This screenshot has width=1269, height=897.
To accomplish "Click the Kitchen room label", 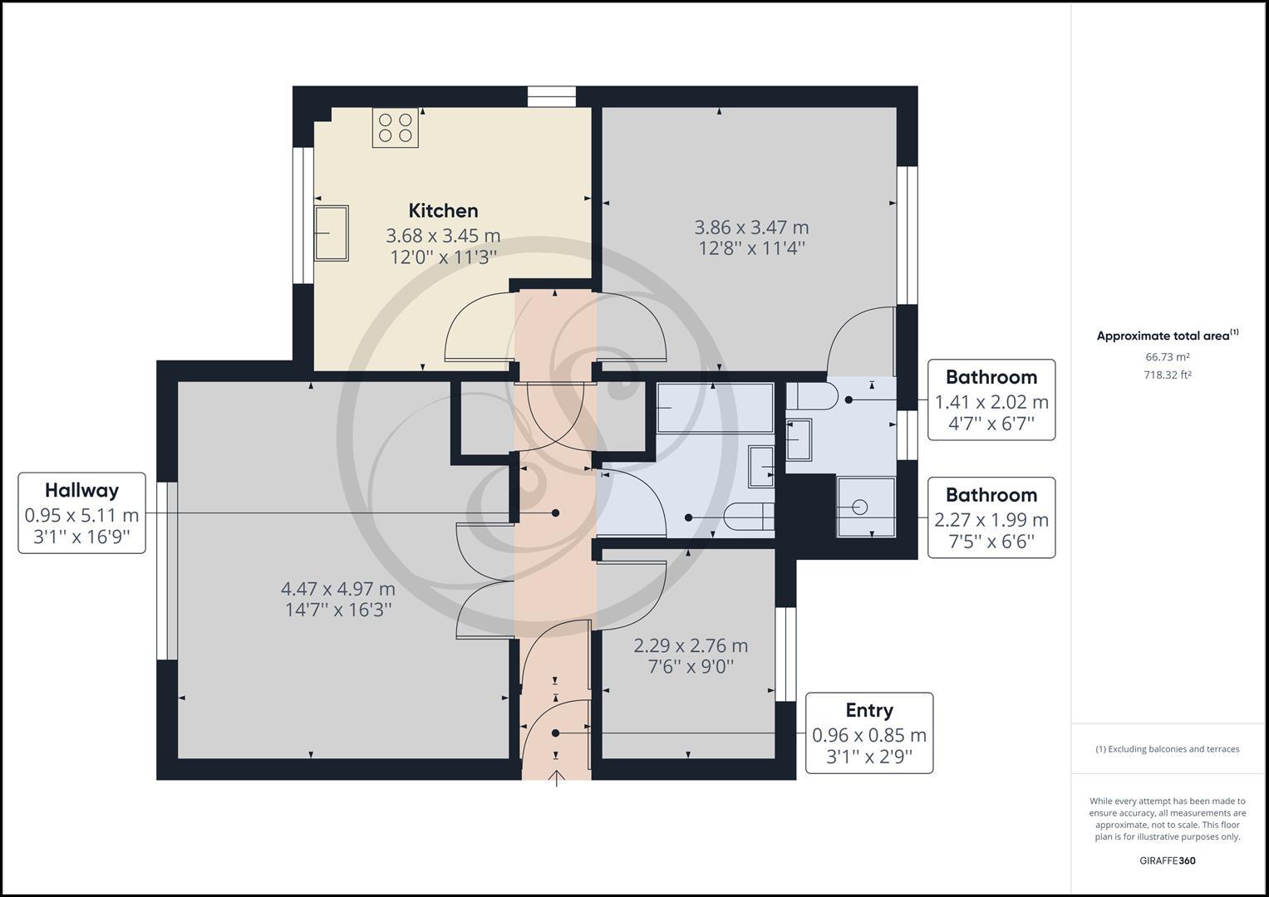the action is (x=443, y=211).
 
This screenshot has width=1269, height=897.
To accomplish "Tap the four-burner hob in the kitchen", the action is (x=396, y=128).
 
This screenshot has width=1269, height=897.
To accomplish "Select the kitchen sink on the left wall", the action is (x=332, y=233).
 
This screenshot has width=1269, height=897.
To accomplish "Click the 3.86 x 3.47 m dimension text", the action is (x=751, y=228).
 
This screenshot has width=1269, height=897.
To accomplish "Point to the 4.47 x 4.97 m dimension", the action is (x=337, y=589).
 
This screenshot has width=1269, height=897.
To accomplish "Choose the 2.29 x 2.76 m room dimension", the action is (x=691, y=645).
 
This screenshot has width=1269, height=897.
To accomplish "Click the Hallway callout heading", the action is (x=82, y=490).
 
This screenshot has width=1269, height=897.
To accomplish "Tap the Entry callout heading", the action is (x=869, y=710).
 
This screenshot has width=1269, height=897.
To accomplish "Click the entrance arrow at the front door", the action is (x=557, y=778).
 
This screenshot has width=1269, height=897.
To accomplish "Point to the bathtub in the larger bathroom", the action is (x=715, y=408).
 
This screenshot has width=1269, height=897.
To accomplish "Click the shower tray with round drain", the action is (x=866, y=507).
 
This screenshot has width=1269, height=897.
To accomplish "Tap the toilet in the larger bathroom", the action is (x=749, y=517).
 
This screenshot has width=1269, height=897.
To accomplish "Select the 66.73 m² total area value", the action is (x=1167, y=357).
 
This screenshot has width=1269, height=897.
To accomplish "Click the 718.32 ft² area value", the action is (x=1167, y=375).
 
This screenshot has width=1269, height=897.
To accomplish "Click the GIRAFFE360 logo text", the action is (x=1167, y=860).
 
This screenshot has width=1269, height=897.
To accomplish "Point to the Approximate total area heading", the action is (x=1167, y=336).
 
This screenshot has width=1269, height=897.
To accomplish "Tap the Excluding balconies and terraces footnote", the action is (x=1167, y=749).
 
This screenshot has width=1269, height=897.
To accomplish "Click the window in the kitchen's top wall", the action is (x=551, y=96).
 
